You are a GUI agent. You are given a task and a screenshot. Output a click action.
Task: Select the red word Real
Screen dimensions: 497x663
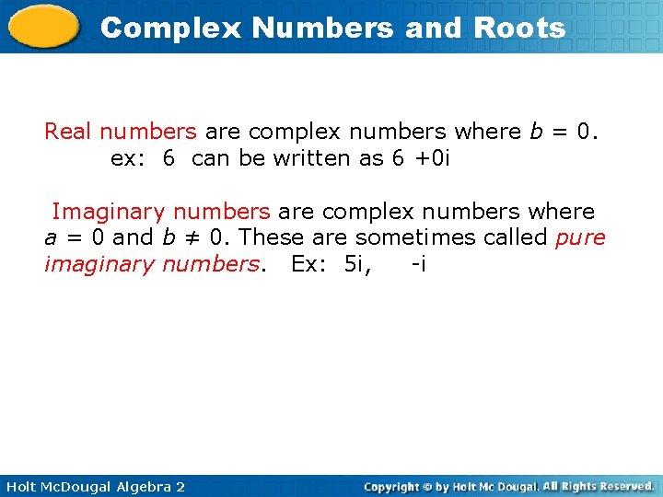point(68,132)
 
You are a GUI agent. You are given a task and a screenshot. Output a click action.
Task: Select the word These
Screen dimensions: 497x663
point(270,237)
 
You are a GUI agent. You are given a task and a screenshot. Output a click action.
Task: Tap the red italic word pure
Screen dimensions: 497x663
point(581,238)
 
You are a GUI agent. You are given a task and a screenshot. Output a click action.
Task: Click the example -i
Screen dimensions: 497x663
point(418,264)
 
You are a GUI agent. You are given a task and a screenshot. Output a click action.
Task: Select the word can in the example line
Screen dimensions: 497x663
point(211,158)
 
